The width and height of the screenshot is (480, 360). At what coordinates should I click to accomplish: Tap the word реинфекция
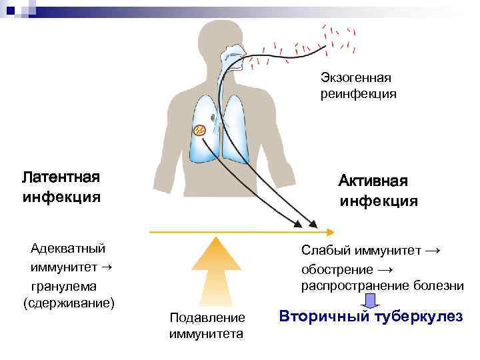click(x=358, y=95)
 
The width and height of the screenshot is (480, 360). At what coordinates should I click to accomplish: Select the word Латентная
click(x=61, y=177)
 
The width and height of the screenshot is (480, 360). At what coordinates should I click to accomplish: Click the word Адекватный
click(x=68, y=249)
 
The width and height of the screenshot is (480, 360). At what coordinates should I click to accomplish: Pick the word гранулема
click(x=64, y=285)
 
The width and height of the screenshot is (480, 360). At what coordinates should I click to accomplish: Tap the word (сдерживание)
click(x=69, y=303)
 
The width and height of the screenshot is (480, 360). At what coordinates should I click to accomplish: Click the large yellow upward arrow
click(x=211, y=267)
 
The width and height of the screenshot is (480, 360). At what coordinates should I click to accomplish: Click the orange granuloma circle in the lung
click(x=199, y=130)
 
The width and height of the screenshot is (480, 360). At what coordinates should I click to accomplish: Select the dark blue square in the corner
click(x=10, y=9)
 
